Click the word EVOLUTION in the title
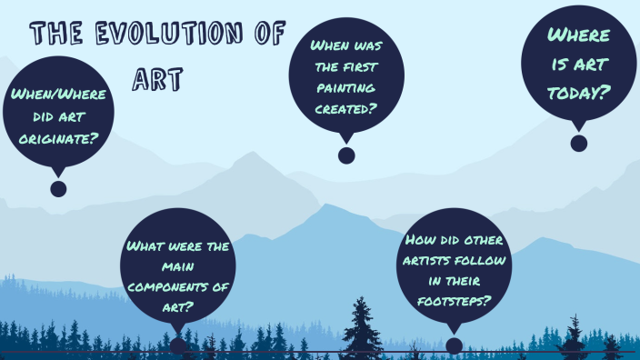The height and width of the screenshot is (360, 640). (x=165, y=35)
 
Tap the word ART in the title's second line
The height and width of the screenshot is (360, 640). (x=157, y=77)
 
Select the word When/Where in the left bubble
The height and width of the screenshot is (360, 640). (x=58, y=95)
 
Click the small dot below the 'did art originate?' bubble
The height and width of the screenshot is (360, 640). (x=58, y=189)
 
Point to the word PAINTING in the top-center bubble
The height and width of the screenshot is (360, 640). (x=346, y=87)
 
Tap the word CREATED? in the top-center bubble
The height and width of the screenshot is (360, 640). (x=346, y=109)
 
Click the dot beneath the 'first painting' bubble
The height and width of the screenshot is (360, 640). (x=346, y=155)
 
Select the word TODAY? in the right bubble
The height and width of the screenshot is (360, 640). (x=579, y=93)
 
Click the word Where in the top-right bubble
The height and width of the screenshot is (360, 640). (x=579, y=35)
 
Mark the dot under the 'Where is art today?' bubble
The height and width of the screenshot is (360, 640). (x=579, y=143)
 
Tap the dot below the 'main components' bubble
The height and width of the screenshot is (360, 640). (x=178, y=345)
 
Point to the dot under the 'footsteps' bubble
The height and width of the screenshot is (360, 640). (x=454, y=346)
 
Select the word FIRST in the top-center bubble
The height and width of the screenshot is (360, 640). (x=361, y=65)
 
